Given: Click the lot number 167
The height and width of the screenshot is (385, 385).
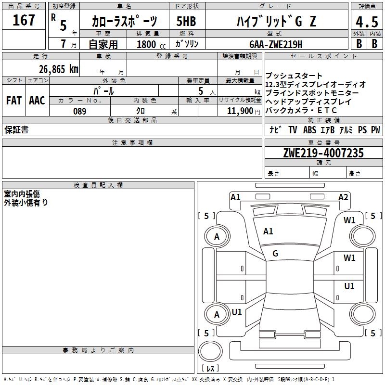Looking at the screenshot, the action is (24, 21).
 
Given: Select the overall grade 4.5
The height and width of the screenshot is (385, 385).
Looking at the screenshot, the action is (366, 22).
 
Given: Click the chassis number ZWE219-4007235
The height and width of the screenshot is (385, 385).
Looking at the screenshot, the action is (323, 153).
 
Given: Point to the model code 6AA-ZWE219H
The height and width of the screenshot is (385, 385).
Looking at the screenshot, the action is (276, 44).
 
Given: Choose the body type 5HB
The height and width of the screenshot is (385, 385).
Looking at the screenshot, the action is (187, 22).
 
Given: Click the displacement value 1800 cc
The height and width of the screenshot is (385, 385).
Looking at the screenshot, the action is (147, 44).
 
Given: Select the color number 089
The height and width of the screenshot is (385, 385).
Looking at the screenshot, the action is (79, 111).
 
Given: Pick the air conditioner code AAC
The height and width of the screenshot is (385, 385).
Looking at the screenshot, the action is (37, 101).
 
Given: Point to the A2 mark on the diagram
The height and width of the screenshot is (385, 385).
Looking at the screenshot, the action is (343, 197).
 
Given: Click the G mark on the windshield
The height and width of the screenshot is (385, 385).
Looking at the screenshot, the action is (275, 254).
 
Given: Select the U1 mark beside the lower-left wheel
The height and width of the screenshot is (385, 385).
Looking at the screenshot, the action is (237, 312).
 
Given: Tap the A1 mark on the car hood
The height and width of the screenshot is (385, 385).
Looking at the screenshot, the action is (268, 231).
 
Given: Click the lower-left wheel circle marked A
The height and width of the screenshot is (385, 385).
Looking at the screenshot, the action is (217, 314).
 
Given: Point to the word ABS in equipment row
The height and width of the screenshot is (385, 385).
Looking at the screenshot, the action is (309, 130).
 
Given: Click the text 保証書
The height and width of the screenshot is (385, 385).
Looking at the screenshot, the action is (16, 130).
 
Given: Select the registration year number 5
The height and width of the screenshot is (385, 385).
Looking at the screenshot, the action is (63, 25).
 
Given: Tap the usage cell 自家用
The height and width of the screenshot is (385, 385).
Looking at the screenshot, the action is (103, 44).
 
